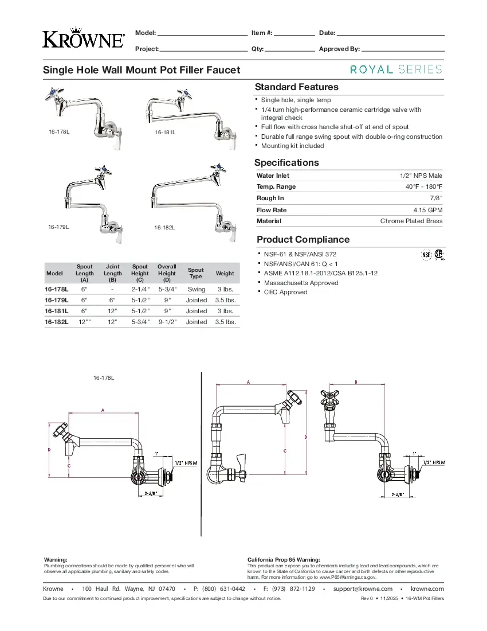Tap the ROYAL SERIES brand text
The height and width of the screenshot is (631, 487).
coord(396,69)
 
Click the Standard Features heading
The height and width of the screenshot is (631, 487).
coord(296,87)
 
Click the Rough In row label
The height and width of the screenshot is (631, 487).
coord(270,198)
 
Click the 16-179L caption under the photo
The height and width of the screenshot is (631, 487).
coord(58,227)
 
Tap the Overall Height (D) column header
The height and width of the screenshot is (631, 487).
coord(167,273)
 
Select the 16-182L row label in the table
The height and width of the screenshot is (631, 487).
coord(57,322)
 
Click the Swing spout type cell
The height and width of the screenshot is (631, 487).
coord(196,289)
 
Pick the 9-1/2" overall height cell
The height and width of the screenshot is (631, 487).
coord(167,322)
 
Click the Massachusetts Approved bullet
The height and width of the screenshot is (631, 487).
coord(301,283)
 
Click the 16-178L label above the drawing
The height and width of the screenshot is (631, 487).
coord(104,378)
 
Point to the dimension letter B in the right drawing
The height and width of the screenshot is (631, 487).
coord(356,382)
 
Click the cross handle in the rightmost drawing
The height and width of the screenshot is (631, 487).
coord(331,396)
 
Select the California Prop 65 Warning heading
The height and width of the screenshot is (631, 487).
coord(283,559)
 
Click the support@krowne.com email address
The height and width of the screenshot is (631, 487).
coord(363,589)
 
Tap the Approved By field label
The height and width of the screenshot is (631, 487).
coord(339,49)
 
